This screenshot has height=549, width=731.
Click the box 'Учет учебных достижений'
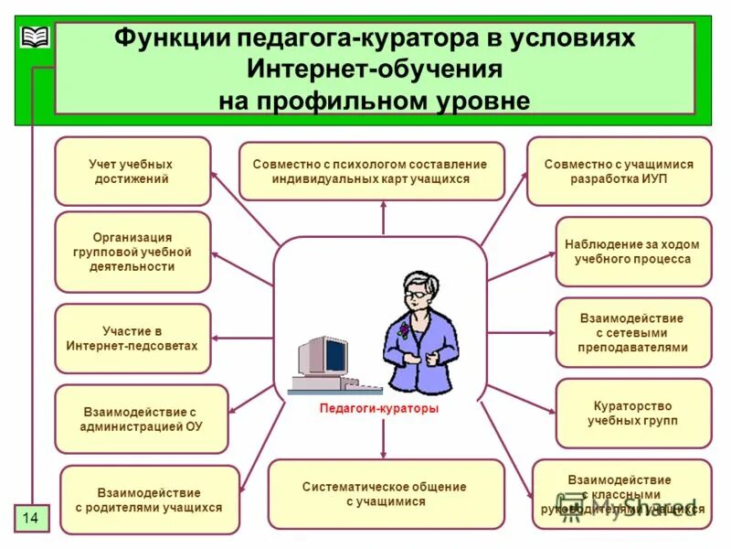(132, 171)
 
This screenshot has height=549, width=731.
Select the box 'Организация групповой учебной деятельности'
(132, 253)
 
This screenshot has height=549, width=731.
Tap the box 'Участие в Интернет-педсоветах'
(132, 339)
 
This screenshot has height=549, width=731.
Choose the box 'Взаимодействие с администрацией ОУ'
(142, 420)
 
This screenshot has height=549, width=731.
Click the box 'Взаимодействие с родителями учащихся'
(149, 500)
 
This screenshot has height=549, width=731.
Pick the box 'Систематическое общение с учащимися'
(385, 494)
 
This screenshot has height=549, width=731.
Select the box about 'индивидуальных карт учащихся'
(371, 171)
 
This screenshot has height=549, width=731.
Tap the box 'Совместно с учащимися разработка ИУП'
(619, 171)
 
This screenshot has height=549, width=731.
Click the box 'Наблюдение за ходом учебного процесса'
(632, 252)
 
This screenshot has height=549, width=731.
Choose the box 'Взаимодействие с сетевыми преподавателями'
(632, 332)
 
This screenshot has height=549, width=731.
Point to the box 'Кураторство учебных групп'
(632, 413)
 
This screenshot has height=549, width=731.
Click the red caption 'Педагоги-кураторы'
(379, 409)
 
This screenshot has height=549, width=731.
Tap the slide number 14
(31, 519)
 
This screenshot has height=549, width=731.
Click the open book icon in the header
(34, 38)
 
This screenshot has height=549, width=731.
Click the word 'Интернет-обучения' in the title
(374, 70)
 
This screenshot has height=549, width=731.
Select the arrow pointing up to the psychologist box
(384, 220)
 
